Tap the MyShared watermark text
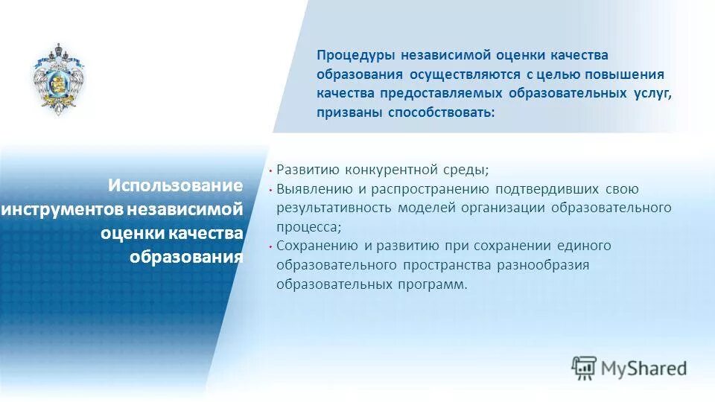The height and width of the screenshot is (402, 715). pos(644,368)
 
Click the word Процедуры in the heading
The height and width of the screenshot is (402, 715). pos(355,56)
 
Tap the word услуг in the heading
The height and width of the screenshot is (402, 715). pos(653,94)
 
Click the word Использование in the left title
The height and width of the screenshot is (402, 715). pos(176,185)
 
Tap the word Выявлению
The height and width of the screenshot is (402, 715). pos(312,188)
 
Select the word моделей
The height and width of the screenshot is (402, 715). pos(425,208)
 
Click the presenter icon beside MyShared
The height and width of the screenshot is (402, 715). pos(584,367)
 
